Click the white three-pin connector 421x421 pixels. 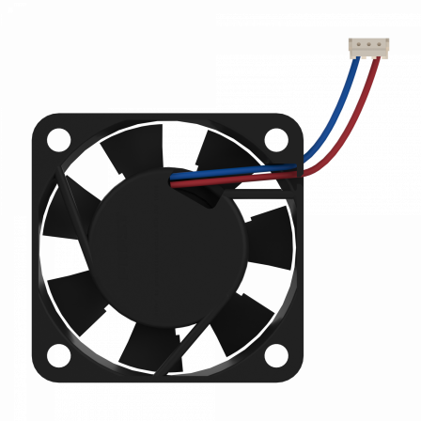click(366, 45)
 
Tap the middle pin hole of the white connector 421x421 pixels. click(366, 43)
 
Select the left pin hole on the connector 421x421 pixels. click(357, 43)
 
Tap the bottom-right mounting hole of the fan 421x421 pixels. click(275, 357)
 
